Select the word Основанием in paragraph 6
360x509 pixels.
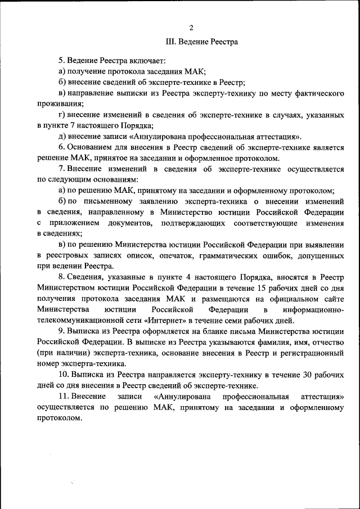pos(92,147)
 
